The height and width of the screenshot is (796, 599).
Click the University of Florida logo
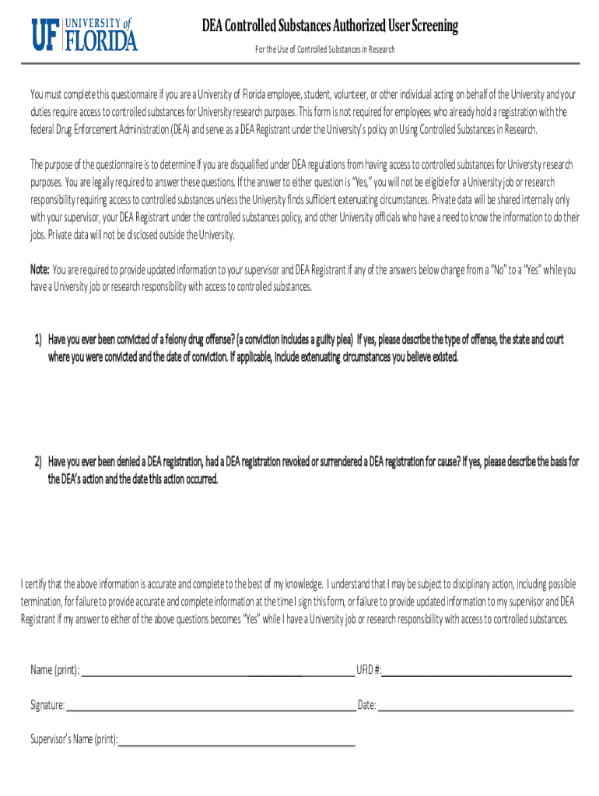[84, 34]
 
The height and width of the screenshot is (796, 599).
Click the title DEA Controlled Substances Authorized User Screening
[330, 27]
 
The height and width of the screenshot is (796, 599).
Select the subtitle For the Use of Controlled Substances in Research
[325, 50]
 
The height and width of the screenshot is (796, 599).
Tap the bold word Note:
[40, 271]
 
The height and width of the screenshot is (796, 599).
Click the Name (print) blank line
[218, 673]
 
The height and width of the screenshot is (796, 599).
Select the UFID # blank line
[477, 673]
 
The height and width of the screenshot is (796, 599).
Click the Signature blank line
[210, 708]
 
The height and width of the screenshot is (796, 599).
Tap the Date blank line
[475, 708]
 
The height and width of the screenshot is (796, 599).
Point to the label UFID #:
[369, 670]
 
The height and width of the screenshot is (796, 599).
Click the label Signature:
[47, 706]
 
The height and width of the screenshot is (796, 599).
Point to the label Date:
[367, 706]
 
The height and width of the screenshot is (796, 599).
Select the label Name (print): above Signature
[54, 670]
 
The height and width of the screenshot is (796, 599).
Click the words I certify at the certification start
[35, 584]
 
